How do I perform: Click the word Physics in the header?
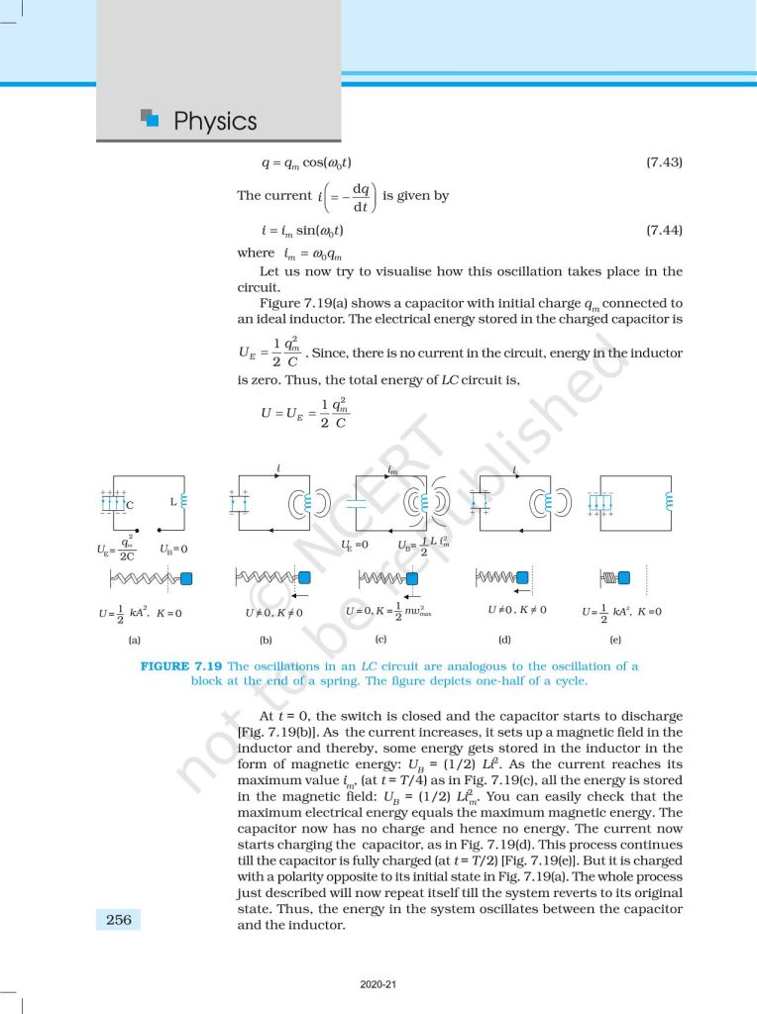coord(214,122)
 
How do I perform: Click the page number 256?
coord(118,920)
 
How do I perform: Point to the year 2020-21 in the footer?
coord(378,984)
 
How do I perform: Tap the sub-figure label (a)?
coord(135,640)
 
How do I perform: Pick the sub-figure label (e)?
coord(615,640)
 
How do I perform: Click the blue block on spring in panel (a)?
coord(185,577)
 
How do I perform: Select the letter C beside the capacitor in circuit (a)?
coord(130,505)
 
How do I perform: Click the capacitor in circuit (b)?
coord(238,502)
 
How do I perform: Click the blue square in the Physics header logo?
coord(153,120)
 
